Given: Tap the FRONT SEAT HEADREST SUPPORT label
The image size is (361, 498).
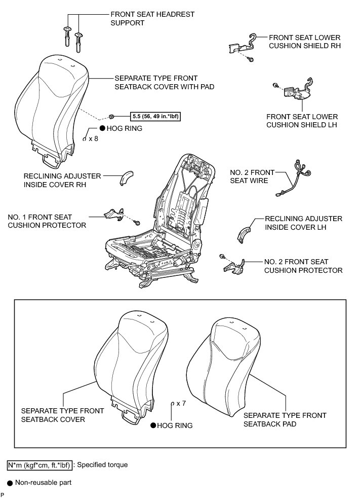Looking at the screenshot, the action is [152, 19].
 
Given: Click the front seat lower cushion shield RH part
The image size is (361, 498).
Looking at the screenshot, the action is [243, 46].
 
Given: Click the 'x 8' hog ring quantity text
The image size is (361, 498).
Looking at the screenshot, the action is [93, 138].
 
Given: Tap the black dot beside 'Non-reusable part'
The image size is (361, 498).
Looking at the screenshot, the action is [10, 482].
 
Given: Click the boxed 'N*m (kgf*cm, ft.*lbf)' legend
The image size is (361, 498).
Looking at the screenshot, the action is [40, 465].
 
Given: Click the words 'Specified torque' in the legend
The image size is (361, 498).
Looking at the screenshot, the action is [104, 465].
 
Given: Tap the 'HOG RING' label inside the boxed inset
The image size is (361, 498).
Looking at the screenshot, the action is [175, 426].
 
